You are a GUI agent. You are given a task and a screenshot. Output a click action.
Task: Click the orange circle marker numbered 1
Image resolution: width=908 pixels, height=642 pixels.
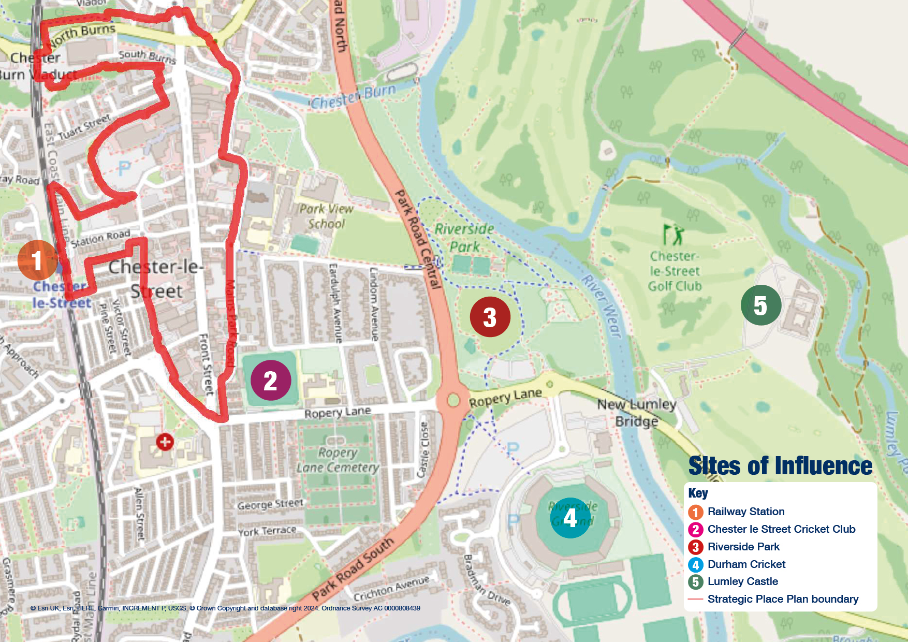coord(37,260)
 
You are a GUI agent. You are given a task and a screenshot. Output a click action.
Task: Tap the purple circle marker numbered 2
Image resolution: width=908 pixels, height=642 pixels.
coord(271,381)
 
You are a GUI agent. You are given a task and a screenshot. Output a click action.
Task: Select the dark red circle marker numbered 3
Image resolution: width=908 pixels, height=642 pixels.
coord(490,317)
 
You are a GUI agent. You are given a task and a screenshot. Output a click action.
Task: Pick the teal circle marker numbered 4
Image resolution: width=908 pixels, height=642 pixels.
coord(570,518)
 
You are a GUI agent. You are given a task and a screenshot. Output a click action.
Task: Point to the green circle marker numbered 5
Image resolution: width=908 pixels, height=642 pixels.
coord(760,305)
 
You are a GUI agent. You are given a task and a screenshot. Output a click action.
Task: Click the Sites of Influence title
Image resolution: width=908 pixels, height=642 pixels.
coord(780,465)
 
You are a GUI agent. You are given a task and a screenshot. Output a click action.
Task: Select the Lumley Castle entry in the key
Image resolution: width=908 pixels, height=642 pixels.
coord(742,581)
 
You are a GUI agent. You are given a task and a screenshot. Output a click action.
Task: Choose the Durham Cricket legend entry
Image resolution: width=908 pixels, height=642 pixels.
coord(746,564)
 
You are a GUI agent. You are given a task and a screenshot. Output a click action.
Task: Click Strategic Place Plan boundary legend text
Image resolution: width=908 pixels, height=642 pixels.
coord(783,599)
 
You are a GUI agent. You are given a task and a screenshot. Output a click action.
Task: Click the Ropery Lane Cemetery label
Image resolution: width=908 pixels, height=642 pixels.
coord(338,460)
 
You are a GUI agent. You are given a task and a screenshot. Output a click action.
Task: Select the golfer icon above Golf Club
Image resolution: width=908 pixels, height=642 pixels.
coord(673,235)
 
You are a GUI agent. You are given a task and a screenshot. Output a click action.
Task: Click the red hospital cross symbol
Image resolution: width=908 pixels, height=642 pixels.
coord(165,442)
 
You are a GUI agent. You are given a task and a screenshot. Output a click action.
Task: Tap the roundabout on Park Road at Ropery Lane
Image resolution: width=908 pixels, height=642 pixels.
coord(453,400)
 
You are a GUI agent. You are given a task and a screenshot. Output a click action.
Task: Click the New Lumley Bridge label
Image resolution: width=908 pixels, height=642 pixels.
coord(637,413)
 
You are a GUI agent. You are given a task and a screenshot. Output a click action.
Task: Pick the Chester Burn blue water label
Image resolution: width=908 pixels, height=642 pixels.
coord(353,97)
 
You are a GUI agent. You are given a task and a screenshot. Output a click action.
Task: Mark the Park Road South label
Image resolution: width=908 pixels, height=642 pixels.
coord(353,569)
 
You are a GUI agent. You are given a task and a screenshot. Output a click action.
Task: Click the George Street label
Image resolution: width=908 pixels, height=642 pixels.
coord(270,504)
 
